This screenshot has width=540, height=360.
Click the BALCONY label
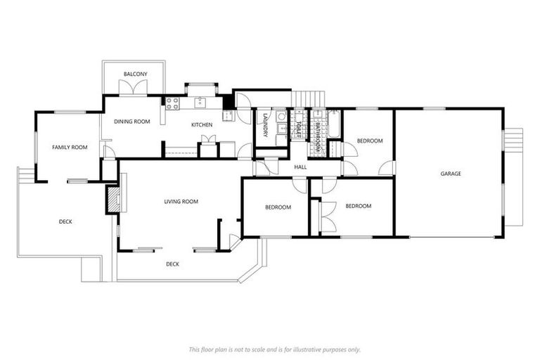point(134,74)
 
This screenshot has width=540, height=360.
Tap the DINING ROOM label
point(132,122)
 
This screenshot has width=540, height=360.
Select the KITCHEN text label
point(202,125)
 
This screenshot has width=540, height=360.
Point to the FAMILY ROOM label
point(70,147)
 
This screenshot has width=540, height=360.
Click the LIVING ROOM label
point(181,202)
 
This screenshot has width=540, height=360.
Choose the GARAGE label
point(451,174)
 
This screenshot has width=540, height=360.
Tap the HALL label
point(300,167)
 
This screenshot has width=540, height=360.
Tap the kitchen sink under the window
point(200,103)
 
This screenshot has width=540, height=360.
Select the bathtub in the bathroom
point(333,124)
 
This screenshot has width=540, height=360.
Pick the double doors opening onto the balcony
point(134,88)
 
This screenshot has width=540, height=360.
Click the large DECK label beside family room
point(65,221)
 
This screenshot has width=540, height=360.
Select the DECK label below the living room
point(172,264)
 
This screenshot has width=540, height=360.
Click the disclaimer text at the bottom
point(274,349)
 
